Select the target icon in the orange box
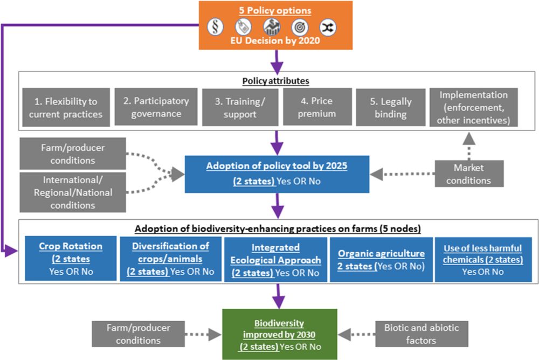pos(300,27)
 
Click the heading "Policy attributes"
pos(275,80)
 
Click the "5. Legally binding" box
pos(391,107)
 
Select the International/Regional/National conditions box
pos(72,191)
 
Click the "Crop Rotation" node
pos(70,258)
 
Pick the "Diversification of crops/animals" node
pos(170,258)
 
